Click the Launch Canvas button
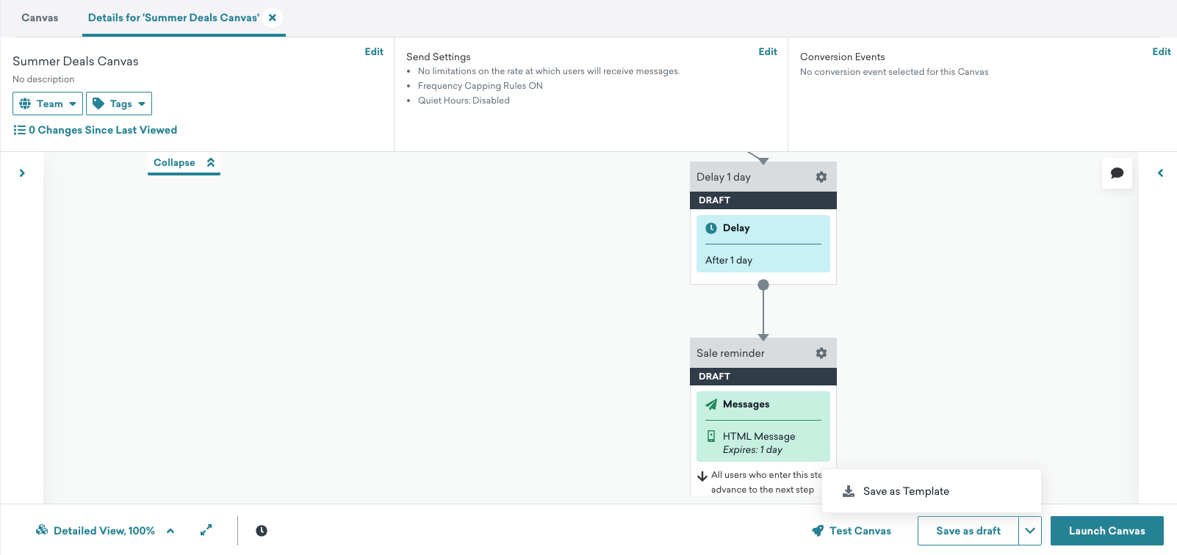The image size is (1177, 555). (x=1106, y=530)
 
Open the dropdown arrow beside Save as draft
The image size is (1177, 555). (x=1030, y=530)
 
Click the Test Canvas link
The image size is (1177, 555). (x=852, y=530)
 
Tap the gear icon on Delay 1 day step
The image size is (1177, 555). (x=821, y=177)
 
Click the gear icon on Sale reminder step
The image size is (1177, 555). (x=821, y=353)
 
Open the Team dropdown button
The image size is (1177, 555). (x=47, y=104)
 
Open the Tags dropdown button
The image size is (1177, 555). (x=119, y=104)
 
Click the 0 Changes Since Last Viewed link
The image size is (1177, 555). (x=95, y=130)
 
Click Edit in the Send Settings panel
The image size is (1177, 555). (x=768, y=51)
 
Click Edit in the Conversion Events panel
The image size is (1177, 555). (x=1162, y=51)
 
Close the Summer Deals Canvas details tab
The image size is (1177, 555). (x=272, y=18)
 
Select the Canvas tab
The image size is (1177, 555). (x=40, y=18)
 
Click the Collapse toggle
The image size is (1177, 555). (x=184, y=163)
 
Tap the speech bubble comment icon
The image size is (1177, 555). (x=1117, y=173)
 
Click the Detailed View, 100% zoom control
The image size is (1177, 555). (x=104, y=530)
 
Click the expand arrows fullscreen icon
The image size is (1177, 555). (x=206, y=530)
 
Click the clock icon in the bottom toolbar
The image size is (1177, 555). (x=261, y=531)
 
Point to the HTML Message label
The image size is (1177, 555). (x=759, y=436)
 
